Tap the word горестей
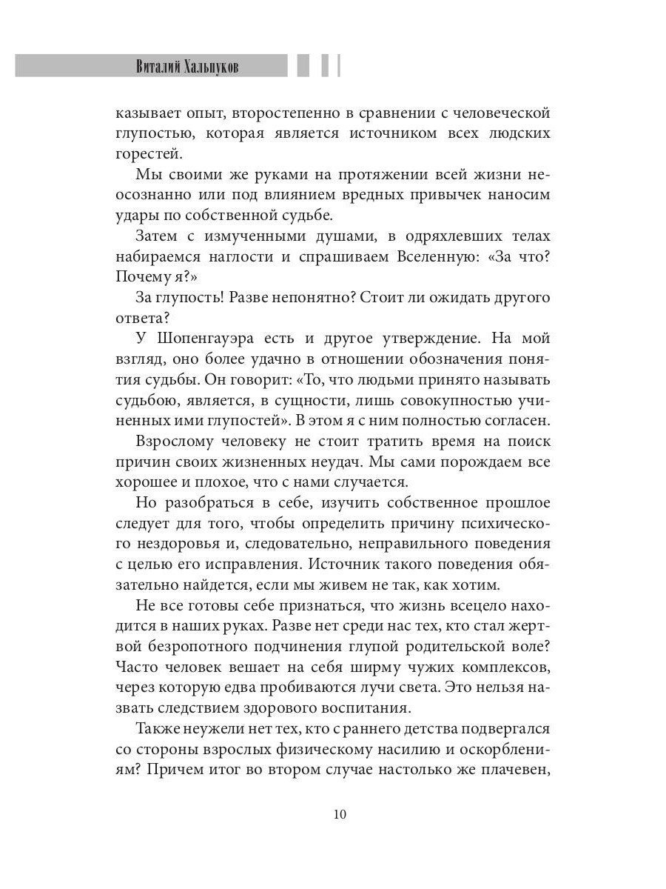(149, 154)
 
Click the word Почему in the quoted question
(142, 277)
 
